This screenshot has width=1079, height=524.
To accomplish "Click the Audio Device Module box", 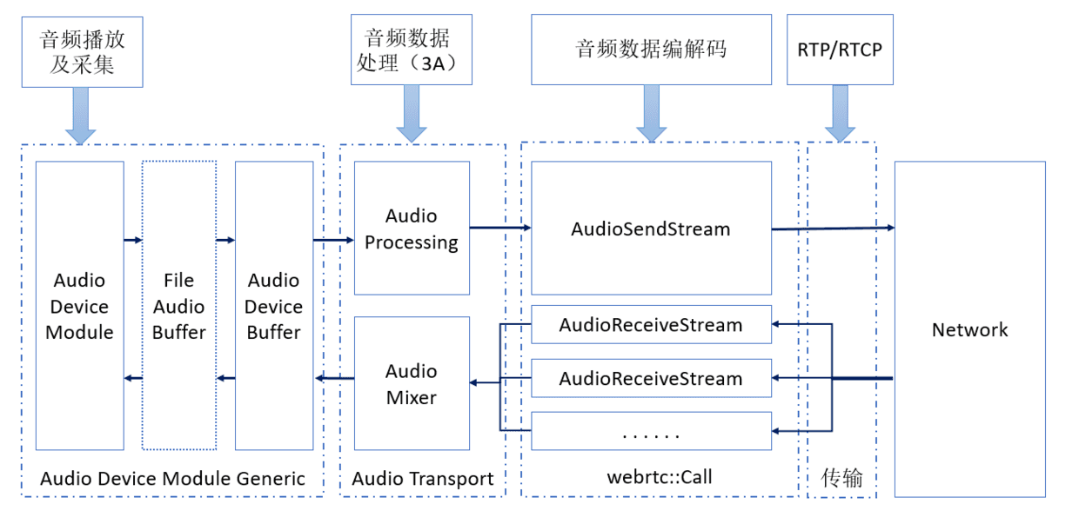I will (x=79, y=306).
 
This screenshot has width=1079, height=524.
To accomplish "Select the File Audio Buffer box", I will (x=178, y=306).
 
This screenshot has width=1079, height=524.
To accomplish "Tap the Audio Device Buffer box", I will (x=273, y=306).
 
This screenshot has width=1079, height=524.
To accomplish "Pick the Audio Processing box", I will (x=412, y=229).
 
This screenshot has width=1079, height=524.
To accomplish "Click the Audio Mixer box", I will (x=412, y=383).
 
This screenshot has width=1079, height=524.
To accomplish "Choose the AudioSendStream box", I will (x=651, y=229).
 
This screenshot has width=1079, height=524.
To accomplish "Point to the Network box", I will (x=969, y=329).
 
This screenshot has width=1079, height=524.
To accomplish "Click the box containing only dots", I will (x=651, y=431).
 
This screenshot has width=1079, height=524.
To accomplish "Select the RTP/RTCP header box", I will (x=840, y=50).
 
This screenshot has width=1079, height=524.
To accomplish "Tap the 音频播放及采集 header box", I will (x=82, y=50).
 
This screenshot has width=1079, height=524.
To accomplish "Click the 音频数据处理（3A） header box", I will (x=412, y=50).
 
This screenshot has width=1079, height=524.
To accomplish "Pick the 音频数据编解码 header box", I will (x=651, y=50).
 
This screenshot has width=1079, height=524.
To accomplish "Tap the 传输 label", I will (x=841, y=477).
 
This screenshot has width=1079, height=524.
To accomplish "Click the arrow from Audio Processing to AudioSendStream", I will (x=500, y=228).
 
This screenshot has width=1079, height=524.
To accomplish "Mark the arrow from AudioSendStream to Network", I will (x=833, y=228).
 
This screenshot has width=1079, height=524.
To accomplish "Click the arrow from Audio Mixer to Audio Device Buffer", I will (x=334, y=378).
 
